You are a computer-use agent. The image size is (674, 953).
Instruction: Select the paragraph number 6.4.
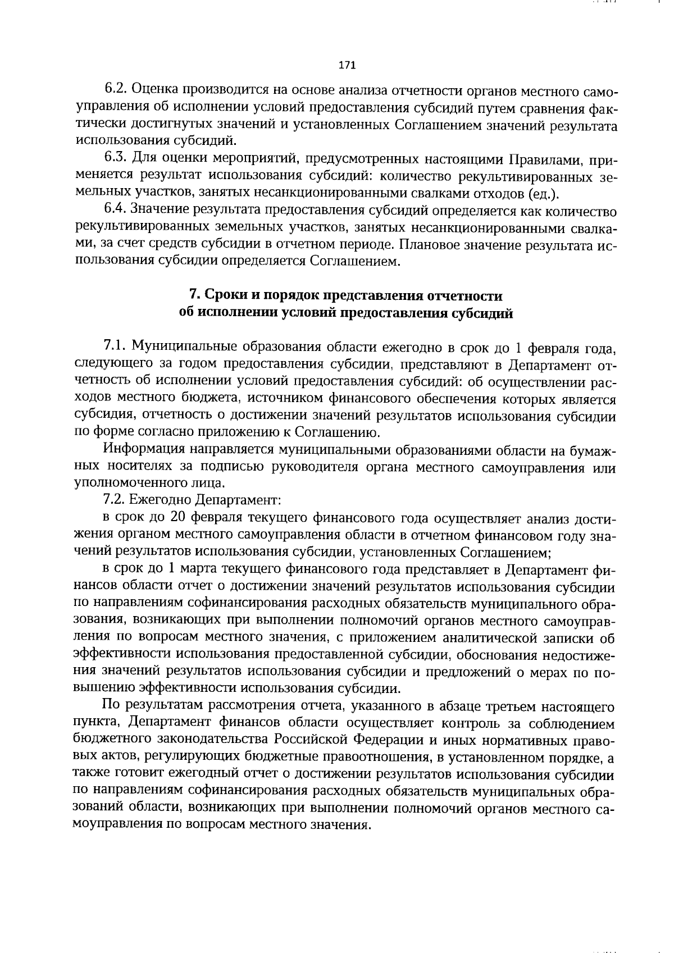116,211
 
